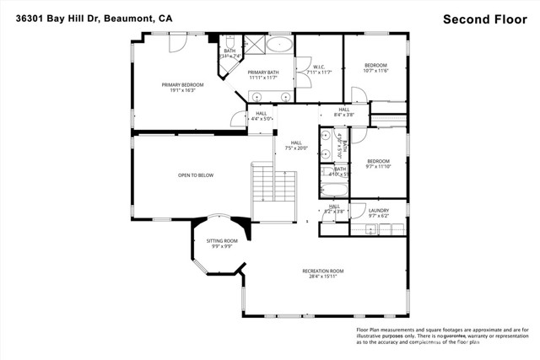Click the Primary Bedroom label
[185, 88]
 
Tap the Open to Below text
[195, 175]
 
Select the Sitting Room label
[223, 244]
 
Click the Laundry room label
[379, 213]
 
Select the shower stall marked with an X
[253, 45]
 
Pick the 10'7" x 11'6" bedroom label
[375, 68]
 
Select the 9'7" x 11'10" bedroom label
[378, 164]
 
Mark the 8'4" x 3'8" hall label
[343, 112]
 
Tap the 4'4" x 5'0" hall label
[262, 116]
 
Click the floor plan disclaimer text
[442, 336]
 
